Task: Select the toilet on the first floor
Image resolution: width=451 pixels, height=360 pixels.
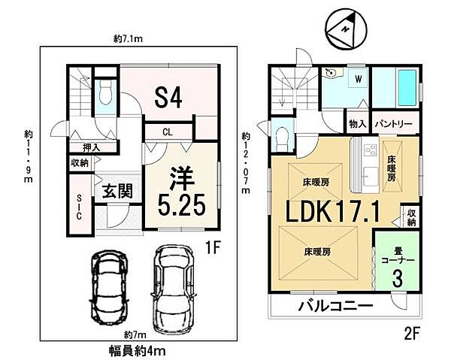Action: pyautogui.click(x=106, y=96)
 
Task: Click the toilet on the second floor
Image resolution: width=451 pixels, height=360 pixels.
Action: pyautogui.click(x=283, y=138)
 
